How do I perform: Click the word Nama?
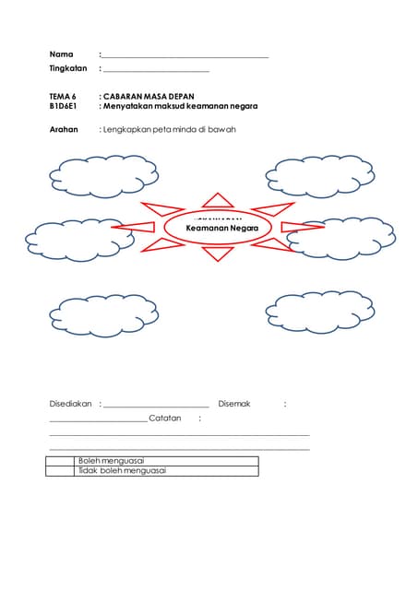61,54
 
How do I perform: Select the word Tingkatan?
67,69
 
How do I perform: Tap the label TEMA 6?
63,96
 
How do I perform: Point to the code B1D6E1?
64,106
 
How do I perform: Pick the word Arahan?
64,129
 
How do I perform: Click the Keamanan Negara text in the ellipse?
221,227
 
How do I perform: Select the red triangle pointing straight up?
218,201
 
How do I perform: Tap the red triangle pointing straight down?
219,253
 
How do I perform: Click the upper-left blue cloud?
103,176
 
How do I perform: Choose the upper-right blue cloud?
320,175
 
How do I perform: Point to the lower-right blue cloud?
320,313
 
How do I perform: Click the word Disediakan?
70,404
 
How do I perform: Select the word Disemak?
234,404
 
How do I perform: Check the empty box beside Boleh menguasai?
59,460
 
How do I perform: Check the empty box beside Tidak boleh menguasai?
59,470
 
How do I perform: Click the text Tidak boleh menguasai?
122,470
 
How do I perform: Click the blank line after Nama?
185,57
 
